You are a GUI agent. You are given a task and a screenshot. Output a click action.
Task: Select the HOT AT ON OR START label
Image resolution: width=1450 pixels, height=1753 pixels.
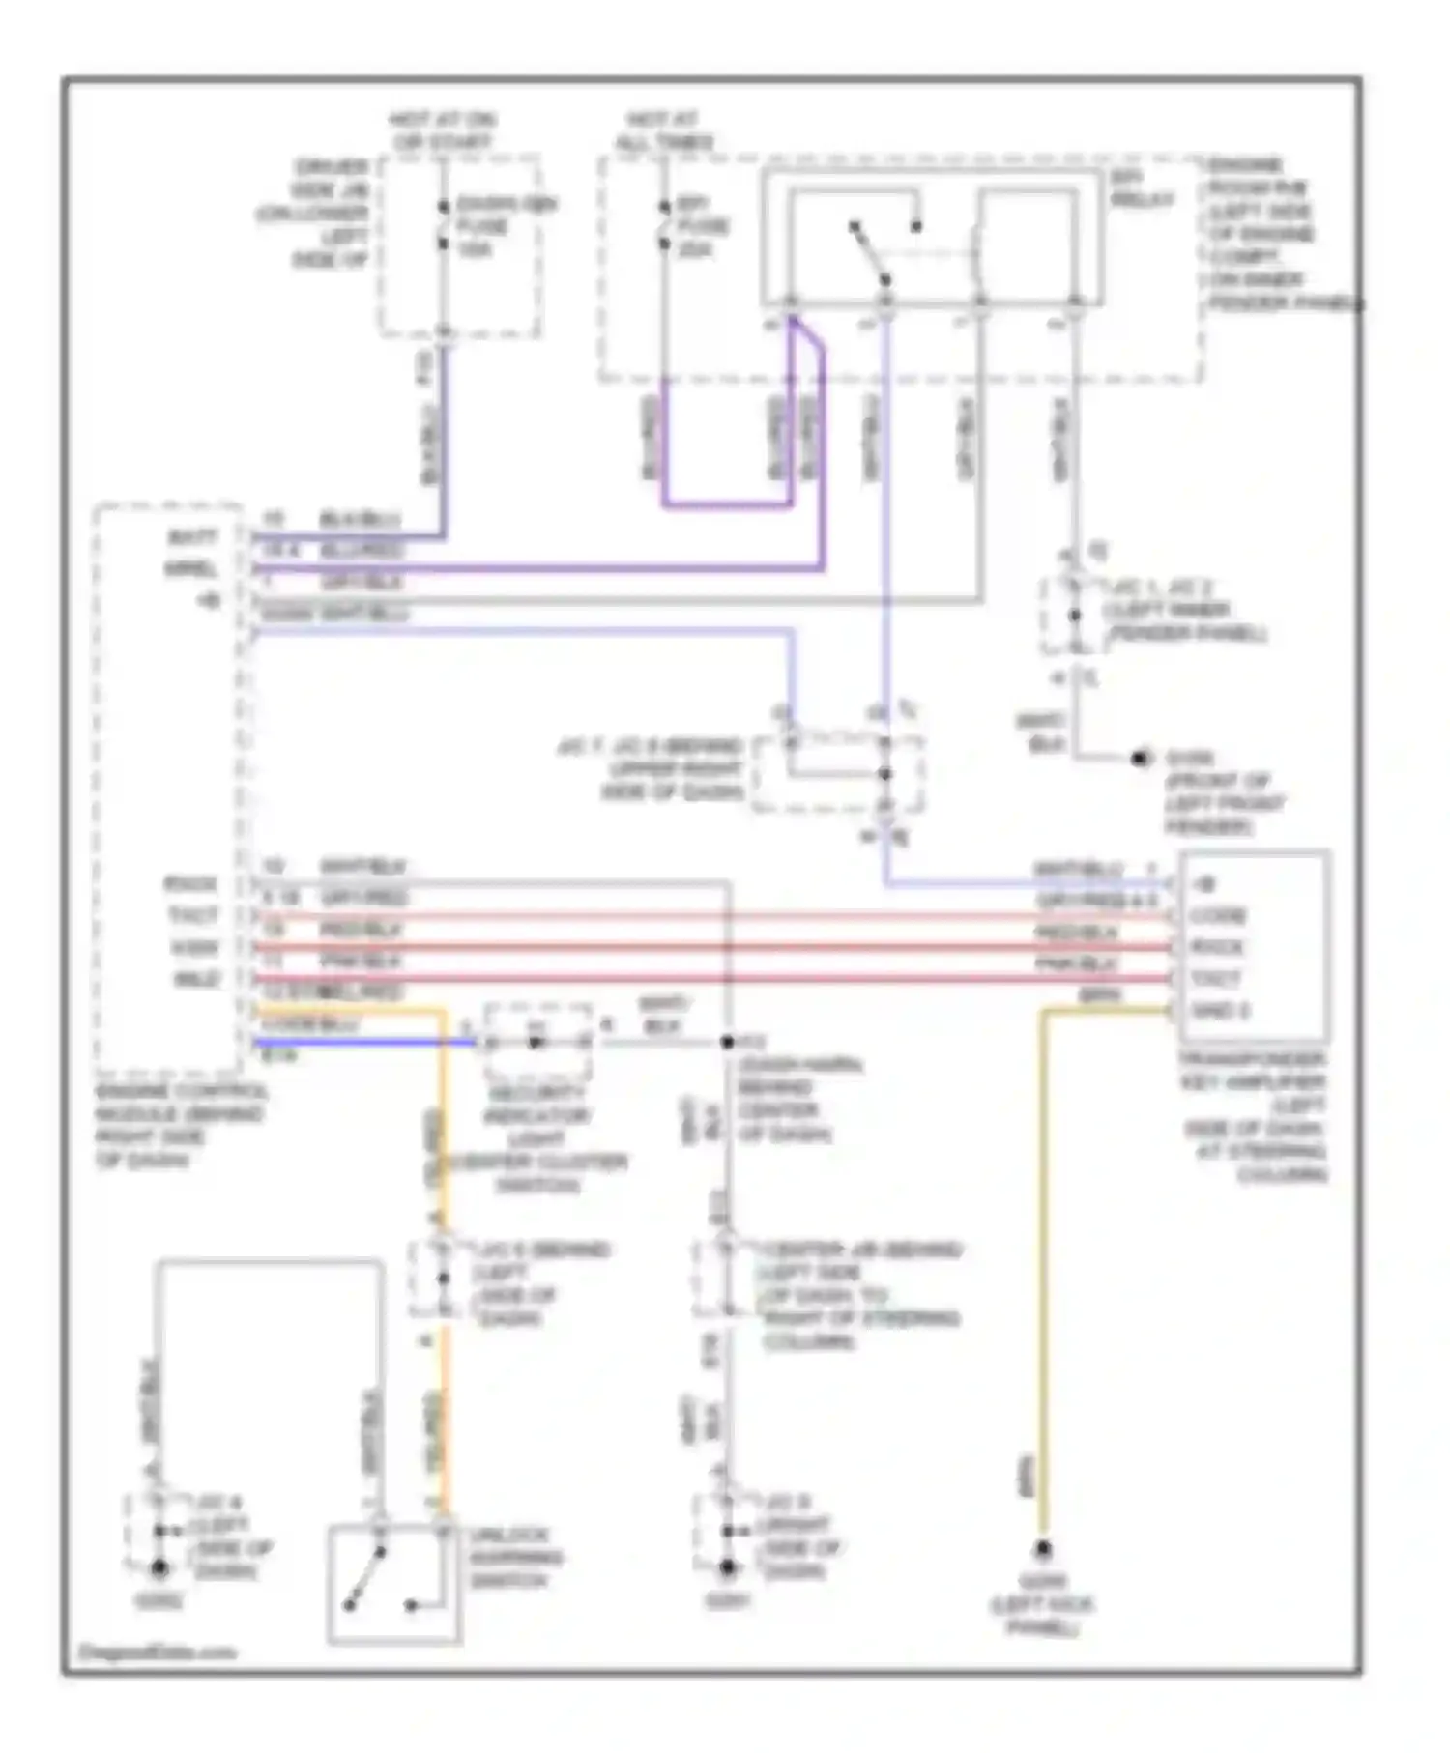pyautogui.click(x=441, y=130)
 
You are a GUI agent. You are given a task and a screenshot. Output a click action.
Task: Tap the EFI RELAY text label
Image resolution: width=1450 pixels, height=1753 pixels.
pyautogui.click(x=1142, y=189)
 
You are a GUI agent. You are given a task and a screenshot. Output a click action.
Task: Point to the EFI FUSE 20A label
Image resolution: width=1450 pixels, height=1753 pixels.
pyautogui.click(x=703, y=226)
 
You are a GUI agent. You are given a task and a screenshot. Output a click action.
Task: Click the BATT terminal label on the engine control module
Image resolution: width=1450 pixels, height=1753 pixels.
pyautogui.click(x=192, y=536)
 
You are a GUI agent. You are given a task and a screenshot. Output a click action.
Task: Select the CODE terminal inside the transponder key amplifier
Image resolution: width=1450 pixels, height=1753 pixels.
pyautogui.click(x=1217, y=915)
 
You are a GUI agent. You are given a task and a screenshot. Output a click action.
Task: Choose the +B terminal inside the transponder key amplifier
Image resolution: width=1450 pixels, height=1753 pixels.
pyautogui.click(x=1206, y=884)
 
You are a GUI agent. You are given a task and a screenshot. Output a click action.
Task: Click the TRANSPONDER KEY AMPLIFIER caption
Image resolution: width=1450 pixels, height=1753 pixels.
pyautogui.click(x=1254, y=1116)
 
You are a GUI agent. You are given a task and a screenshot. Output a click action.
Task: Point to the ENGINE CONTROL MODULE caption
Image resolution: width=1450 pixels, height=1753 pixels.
pyautogui.click(x=179, y=1126)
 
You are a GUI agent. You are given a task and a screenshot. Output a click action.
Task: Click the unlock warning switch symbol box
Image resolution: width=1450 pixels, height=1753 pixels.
pyautogui.click(x=393, y=1584)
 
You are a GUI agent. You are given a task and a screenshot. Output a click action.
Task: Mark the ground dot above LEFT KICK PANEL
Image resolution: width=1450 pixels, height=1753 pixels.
pyautogui.click(x=1042, y=1551)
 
